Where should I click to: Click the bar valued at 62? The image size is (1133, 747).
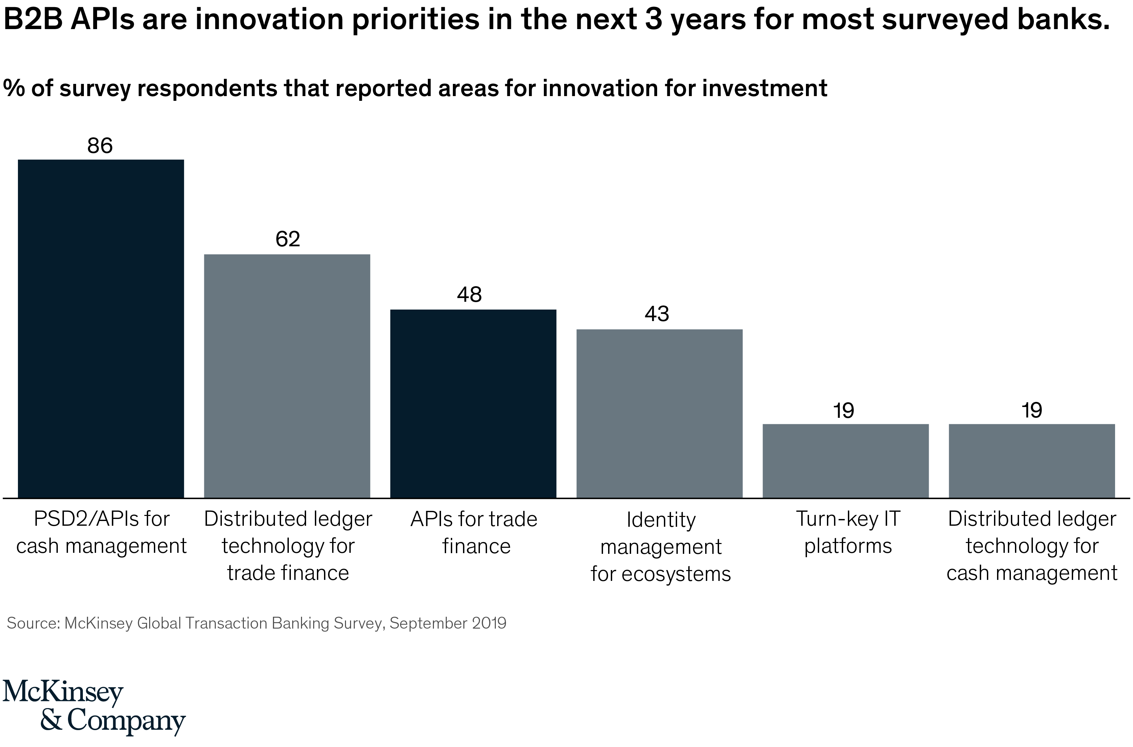[287, 376]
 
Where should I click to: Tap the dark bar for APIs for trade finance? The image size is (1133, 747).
[473, 404]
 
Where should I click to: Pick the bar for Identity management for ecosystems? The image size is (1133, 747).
[659, 413]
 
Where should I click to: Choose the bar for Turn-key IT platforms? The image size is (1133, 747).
[845, 461]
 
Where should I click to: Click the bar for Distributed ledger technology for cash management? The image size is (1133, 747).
[1032, 461]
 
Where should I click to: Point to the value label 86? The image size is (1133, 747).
[100, 146]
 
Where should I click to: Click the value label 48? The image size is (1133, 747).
[469, 295]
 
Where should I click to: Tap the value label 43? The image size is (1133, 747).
[657, 314]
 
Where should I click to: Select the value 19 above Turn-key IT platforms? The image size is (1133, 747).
[844, 411]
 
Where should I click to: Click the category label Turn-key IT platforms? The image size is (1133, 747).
[848, 532]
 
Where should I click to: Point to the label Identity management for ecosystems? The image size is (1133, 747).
[661, 546]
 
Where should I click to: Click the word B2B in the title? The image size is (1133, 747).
[33, 20]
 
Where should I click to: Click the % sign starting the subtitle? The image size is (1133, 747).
[13, 88]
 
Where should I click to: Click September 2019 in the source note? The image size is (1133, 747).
[448, 623]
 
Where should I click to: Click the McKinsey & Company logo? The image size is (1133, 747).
[93, 707]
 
